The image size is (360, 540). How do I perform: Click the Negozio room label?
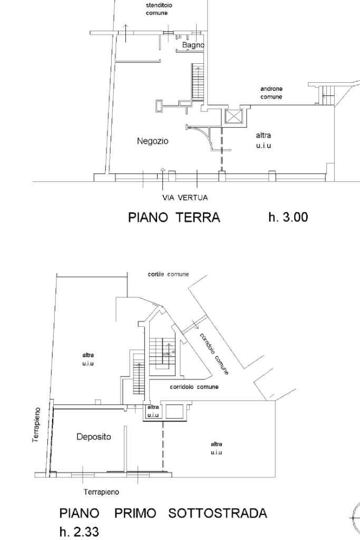tap(152, 141)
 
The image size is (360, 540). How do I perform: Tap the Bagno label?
tap(193, 45)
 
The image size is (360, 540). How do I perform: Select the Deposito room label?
tap(94, 437)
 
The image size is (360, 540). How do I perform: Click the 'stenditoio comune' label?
tap(159, 9)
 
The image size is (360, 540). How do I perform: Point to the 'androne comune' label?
tap(271, 93)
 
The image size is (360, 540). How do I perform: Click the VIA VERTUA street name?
tap(185, 198)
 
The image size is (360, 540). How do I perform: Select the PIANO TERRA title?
tap(174, 218)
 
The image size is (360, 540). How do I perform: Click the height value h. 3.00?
tap(288, 217)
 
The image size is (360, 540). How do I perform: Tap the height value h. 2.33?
tap(79, 532)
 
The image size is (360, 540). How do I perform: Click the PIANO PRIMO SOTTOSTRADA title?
tap(163, 513)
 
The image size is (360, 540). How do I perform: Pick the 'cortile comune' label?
tap(168, 274)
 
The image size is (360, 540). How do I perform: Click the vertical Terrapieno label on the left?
tap(36, 425)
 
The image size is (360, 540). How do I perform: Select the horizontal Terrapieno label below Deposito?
tap(101, 492)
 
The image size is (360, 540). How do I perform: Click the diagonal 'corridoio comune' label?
tap(213, 354)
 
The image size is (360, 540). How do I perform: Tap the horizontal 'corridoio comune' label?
tap(194, 387)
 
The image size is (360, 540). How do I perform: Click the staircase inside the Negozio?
tap(198, 82)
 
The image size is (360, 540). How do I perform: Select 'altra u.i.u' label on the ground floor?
tap(264, 140)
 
